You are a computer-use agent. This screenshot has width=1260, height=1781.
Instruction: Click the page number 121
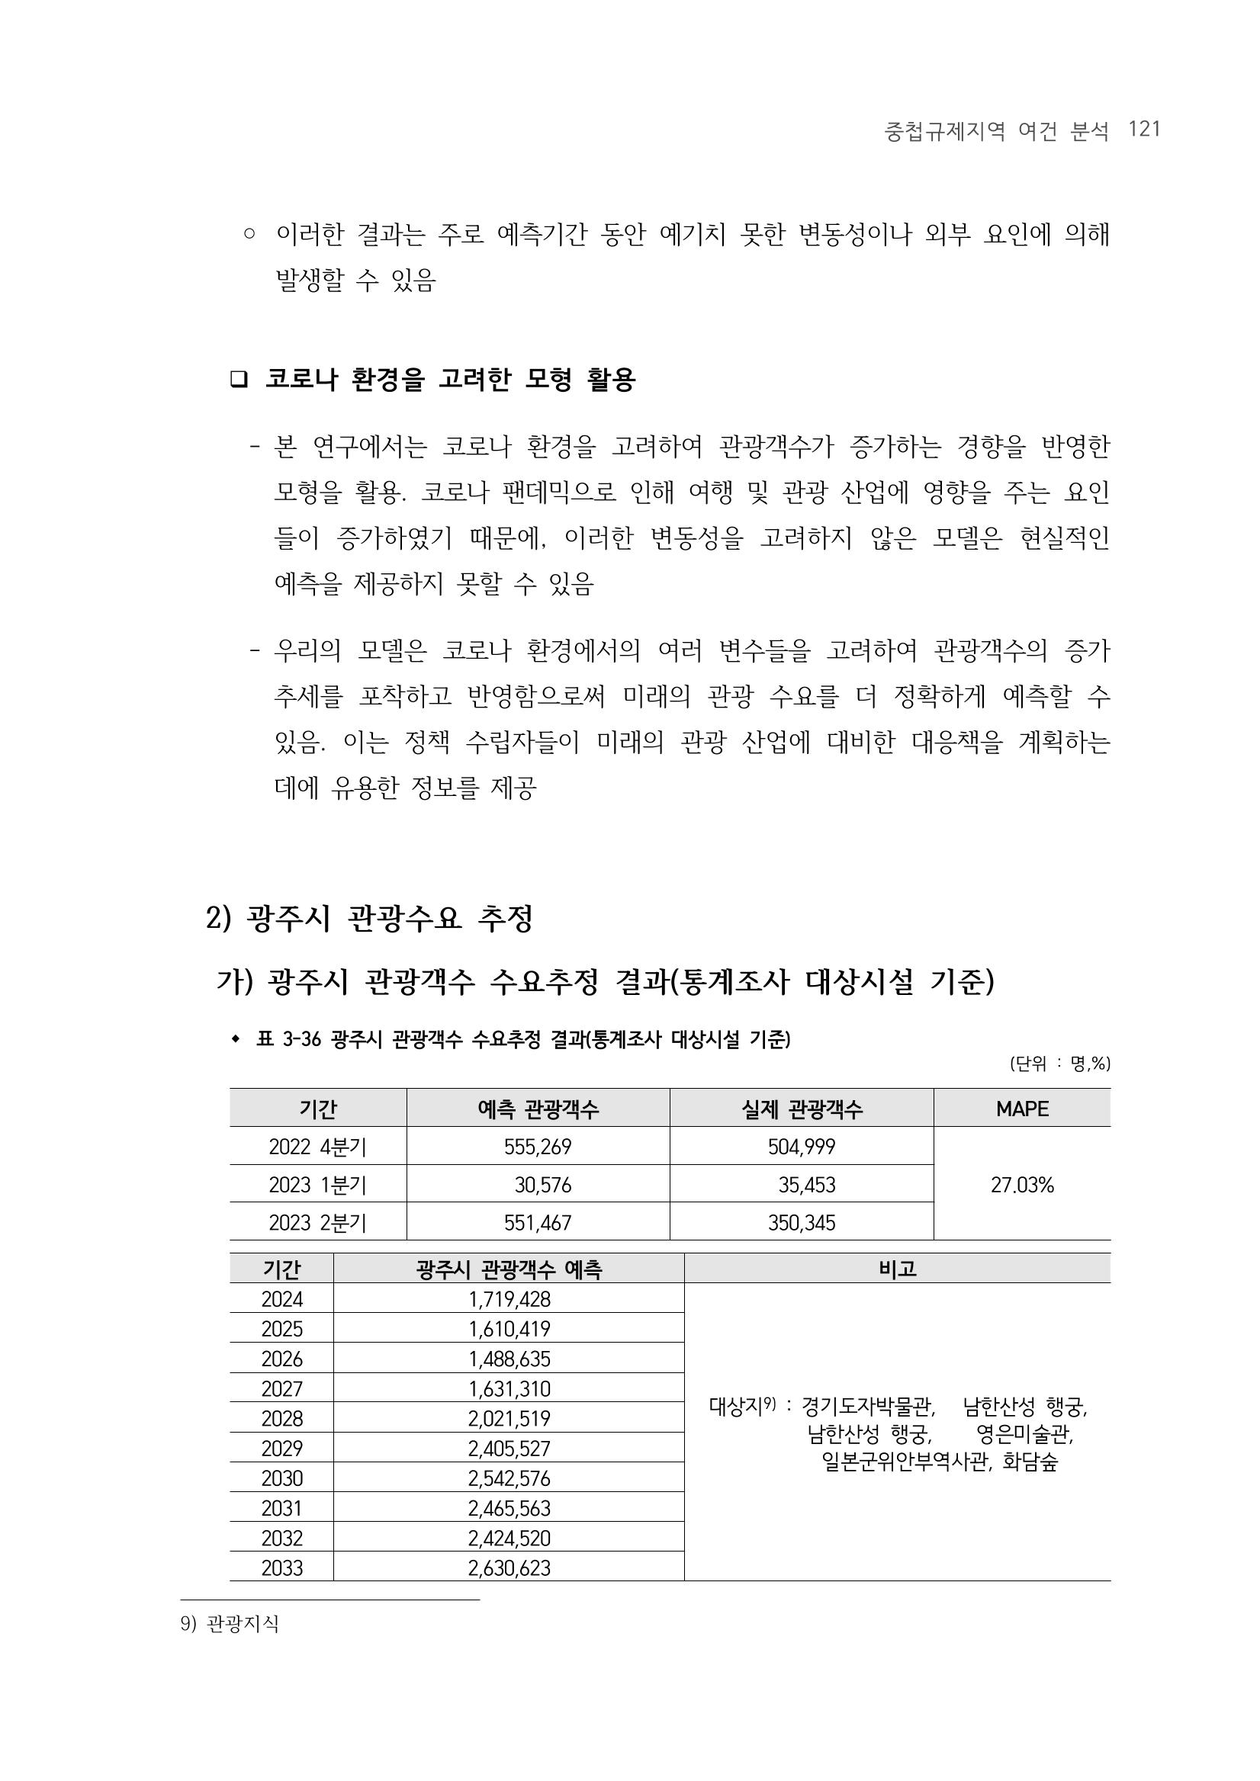(x=1144, y=129)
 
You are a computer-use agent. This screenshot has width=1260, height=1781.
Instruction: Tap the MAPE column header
(x=1022, y=1109)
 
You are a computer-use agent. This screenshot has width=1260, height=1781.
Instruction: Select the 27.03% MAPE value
(x=1022, y=1185)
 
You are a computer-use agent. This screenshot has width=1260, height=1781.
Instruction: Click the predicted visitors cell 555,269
(x=538, y=1147)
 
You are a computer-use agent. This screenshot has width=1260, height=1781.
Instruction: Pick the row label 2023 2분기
(x=317, y=1222)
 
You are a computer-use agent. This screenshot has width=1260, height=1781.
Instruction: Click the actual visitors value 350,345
(x=802, y=1222)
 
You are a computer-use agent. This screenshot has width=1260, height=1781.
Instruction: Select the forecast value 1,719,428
(x=509, y=1298)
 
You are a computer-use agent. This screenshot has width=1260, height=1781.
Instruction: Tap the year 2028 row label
(x=281, y=1418)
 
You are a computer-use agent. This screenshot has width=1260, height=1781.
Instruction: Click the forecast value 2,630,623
(x=509, y=1568)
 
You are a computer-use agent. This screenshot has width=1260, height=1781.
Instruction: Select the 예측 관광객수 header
(x=538, y=1109)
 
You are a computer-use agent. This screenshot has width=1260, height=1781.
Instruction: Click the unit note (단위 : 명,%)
(x=1060, y=1064)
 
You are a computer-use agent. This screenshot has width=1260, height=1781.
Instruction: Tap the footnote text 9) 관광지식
(x=230, y=1623)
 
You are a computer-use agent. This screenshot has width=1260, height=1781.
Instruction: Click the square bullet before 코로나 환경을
(x=238, y=380)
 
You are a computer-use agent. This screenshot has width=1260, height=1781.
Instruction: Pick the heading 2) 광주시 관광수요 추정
(x=369, y=919)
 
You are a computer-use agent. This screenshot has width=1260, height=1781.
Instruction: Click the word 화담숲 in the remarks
(x=1030, y=1462)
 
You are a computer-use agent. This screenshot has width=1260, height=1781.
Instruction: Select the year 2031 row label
(x=281, y=1508)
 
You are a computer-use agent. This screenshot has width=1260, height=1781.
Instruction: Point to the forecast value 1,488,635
(x=509, y=1359)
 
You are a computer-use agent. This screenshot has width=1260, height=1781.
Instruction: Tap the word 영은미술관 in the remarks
(x=1024, y=1433)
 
